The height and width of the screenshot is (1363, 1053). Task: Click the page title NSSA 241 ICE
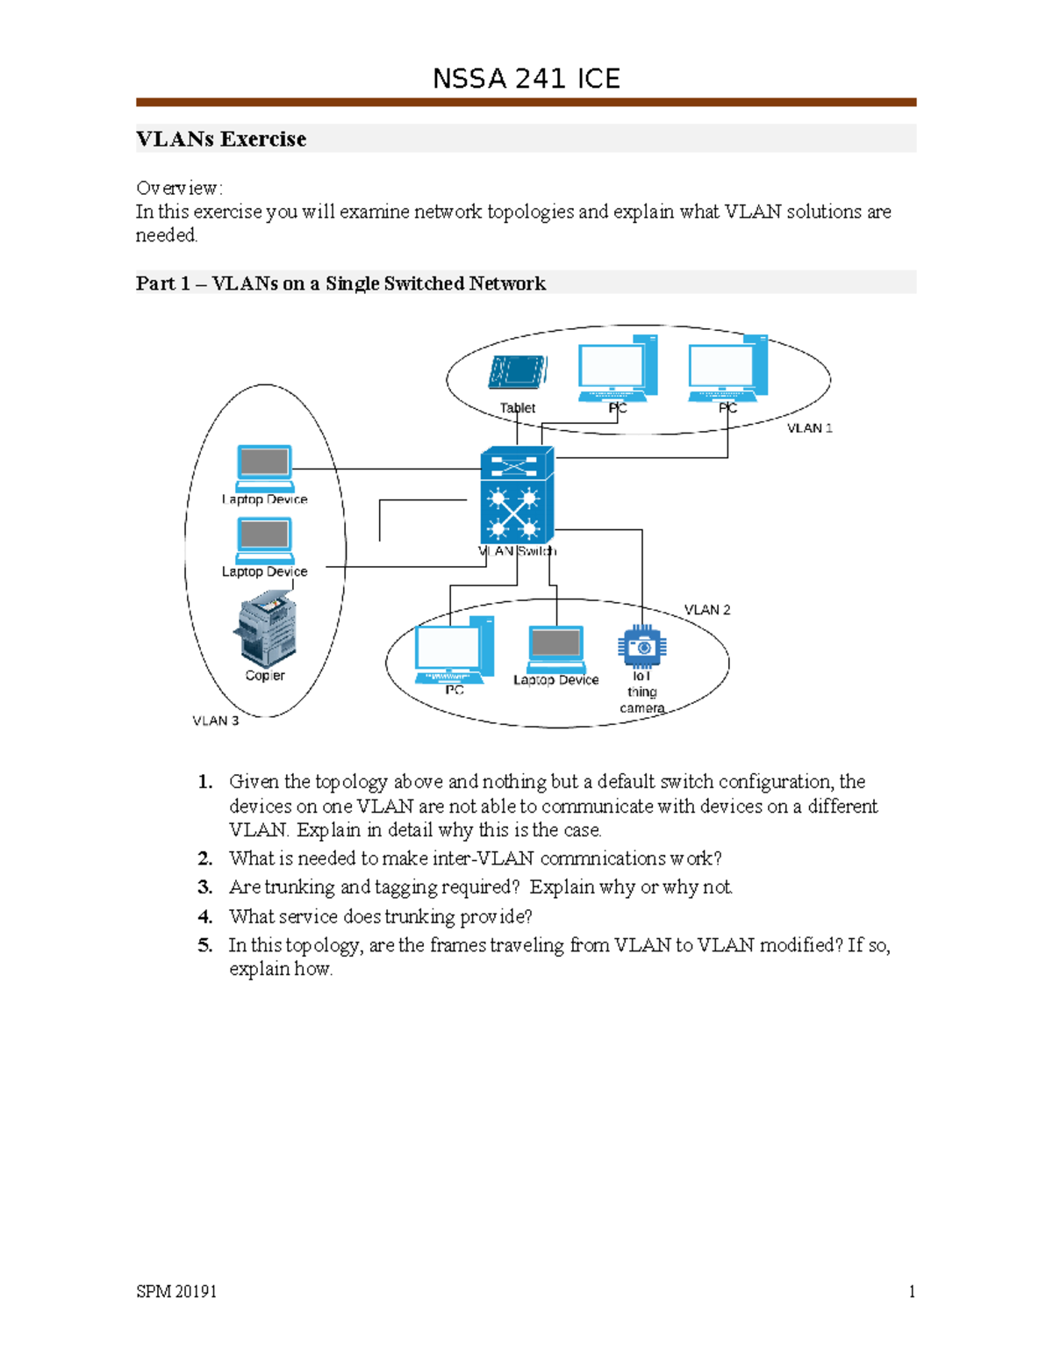point(526,79)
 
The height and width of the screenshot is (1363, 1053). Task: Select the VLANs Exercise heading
point(221,139)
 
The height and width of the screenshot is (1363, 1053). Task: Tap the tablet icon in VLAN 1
point(518,372)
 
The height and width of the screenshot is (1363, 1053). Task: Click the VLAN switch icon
point(517,495)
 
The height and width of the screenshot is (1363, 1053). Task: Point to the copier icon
point(265,628)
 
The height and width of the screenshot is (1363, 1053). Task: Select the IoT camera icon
point(642,648)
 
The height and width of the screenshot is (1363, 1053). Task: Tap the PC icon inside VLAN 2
point(454,650)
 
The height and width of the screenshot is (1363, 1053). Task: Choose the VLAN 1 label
point(809,428)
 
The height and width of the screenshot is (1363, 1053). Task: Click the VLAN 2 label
point(707,609)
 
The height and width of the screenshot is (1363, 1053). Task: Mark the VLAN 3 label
point(216,721)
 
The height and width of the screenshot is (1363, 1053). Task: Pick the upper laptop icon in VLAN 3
point(264,468)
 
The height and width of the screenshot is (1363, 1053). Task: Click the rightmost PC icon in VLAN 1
point(728,369)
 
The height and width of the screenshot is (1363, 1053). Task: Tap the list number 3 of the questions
point(204,887)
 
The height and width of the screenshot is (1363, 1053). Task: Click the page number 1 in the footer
point(912,1291)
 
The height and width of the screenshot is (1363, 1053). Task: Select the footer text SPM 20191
point(176,1291)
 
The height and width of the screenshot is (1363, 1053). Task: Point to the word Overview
point(179,188)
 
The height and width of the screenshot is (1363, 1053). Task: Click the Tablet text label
point(518,408)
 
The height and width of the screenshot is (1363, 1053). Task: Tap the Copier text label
point(265,676)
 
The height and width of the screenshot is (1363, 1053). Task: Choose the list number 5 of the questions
point(204,945)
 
